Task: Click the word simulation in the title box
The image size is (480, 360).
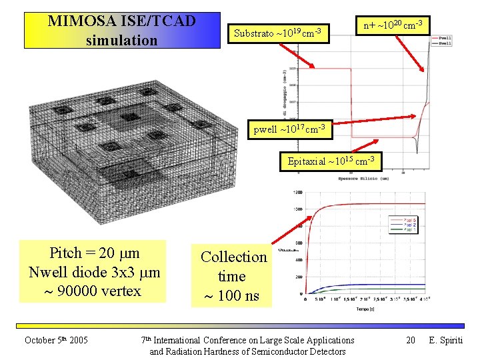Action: tap(121, 40)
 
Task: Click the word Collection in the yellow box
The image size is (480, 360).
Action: tap(233, 257)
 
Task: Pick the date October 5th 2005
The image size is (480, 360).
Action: tap(57, 341)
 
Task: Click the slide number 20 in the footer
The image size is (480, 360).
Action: tap(411, 341)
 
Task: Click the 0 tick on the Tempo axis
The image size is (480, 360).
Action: tap(306, 300)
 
